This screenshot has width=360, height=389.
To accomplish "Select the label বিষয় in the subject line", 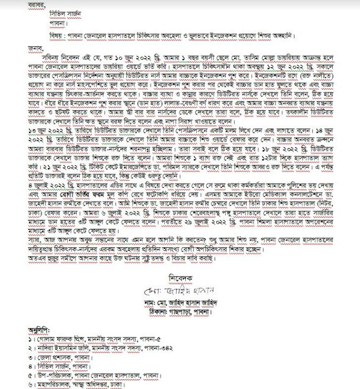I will tap(55, 36).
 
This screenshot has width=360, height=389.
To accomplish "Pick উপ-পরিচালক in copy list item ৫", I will tap(52, 376).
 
